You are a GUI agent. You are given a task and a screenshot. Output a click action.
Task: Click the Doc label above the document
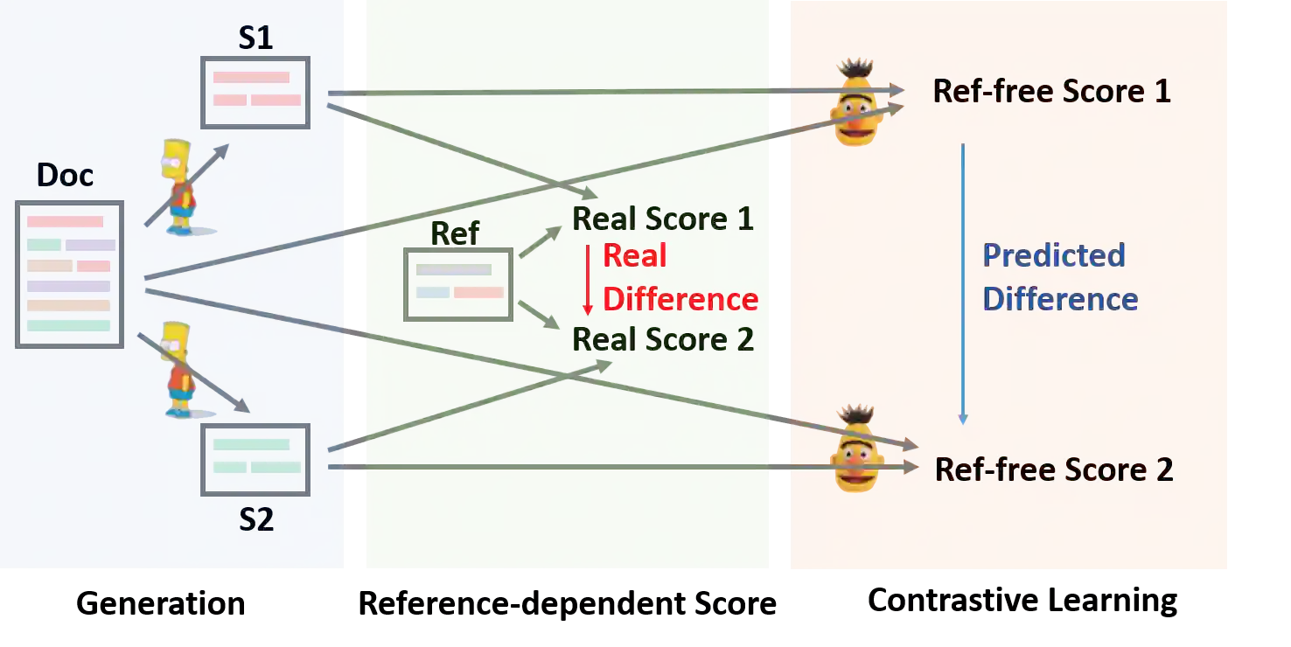(65, 176)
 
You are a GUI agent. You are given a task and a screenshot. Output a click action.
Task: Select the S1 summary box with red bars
(255, 92)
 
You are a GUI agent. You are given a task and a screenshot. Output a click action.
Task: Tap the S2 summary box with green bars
(255, 459)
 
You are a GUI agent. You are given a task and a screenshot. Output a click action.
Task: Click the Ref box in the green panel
(458, 284)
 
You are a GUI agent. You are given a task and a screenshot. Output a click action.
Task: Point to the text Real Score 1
(663, 219)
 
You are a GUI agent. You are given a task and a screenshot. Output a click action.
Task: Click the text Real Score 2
(663, 339)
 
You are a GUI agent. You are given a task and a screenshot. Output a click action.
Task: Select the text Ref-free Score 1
(1051, 91)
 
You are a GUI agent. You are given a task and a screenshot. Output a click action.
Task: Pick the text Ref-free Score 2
(1053, 470)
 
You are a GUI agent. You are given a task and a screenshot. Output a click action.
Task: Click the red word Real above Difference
(635, 256)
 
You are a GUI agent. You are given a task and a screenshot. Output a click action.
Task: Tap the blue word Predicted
(1053, 255)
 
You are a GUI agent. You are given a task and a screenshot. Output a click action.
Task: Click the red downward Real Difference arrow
(588, 280)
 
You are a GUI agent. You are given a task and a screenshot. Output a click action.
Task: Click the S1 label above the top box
(255, 39)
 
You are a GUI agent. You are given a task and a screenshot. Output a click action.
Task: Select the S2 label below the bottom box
(256, 519)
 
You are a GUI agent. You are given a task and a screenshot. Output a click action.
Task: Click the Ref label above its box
(455, 233)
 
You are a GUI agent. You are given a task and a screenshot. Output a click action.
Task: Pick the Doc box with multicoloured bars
(69, 274)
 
